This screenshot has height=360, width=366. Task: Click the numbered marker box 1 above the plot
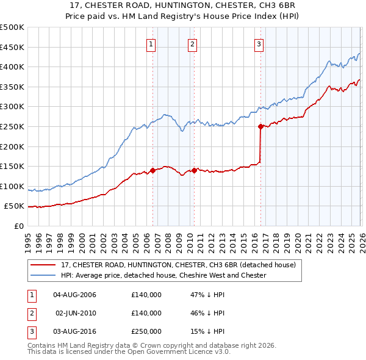coord(151,43)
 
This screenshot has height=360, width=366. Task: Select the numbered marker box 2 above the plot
coord(192,43)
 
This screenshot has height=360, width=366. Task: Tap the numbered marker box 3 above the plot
coord(259,43)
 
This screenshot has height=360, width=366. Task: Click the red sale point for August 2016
coord(260,127)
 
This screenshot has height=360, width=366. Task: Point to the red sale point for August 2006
coord(152,171)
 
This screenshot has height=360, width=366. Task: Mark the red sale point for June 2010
coord(194,171)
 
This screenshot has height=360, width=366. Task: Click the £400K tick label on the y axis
coord(12,67)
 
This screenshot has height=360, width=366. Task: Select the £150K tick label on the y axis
coord(12,167)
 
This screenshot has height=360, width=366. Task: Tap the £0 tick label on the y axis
coord(18,226)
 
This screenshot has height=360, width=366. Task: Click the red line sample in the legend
coord(44,265)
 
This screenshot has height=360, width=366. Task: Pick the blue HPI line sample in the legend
coord(44,276)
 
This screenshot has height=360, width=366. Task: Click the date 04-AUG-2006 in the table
coord(75,295)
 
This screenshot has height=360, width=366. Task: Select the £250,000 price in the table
coord(146,332)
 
